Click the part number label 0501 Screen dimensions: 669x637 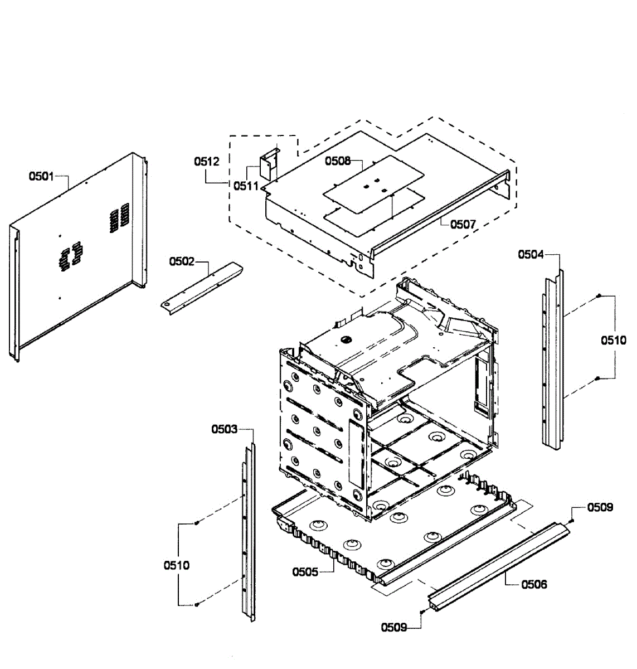click(x=41, y=177)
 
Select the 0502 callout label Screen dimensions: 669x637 click(x=182, y=261)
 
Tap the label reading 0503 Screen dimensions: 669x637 click(x=224, y=429)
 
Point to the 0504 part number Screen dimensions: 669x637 click(x=531, y=255)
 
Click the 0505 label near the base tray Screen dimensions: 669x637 click(x=305, y=572)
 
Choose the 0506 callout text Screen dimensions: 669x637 click(x=534, y=584)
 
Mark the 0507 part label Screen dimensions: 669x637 click(x=463, y=224)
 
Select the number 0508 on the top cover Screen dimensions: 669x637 click(x=338, y=161)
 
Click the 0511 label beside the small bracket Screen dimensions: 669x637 click(x=245, y=186)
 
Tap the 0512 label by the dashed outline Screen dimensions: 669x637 click(x=207, y=162)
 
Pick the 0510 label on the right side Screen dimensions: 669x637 click(x=613, y=340)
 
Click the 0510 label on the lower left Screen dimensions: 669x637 click(x=176, y=565)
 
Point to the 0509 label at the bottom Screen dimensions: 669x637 click(x=393, y=628)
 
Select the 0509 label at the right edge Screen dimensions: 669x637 click(x=600, y=507)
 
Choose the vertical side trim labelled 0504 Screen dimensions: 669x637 click(x=552, y=357)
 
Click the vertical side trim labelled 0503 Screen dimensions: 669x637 click(x=249, y=530)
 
